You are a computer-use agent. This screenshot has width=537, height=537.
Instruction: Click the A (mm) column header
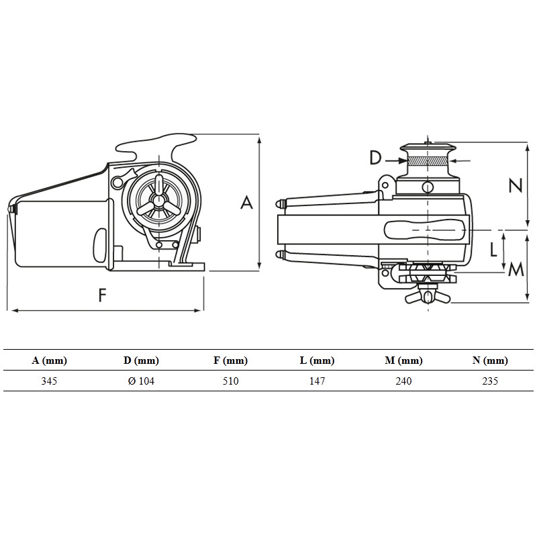point(49,360)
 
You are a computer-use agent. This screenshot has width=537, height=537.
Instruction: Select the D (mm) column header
point(141,360)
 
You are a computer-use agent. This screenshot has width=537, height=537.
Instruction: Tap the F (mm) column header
point(230,360)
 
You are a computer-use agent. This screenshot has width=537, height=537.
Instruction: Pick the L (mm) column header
point(317,360)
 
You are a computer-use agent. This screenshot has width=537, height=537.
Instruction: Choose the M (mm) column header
point(403,360)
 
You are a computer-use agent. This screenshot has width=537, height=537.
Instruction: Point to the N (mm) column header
point(490,360)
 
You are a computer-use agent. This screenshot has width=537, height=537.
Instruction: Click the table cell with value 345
point(49,381)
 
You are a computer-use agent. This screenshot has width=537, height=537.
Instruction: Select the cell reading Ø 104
point(141,381)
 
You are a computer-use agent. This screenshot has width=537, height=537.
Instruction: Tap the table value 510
point(230,381)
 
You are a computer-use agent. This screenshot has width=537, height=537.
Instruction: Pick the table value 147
point(317,381)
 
